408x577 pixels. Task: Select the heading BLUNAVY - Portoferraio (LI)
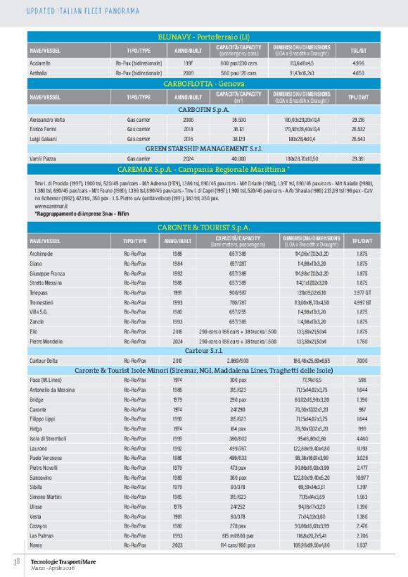click(204, 37)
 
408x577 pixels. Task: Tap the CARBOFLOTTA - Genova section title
click(204, 83)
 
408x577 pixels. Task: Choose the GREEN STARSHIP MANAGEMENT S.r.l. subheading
click(204, 149)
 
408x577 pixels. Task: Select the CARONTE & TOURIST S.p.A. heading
click(204, 228)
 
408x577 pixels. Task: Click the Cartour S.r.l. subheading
click(204, 350)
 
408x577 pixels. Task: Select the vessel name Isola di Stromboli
click(50, 438)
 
